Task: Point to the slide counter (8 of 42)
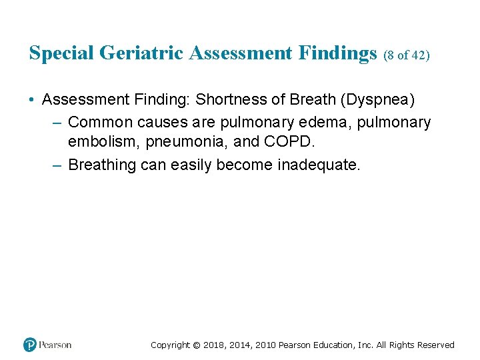[x=407, y=55]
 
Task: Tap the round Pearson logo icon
[x=30, y=345]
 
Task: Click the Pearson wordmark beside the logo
[x=55, y=345]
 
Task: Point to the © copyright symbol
[x=196, y=345]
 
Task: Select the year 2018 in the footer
[x=215, y=345]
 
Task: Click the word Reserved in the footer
[x=435, y=345]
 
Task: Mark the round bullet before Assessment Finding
[x=32, y=100]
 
